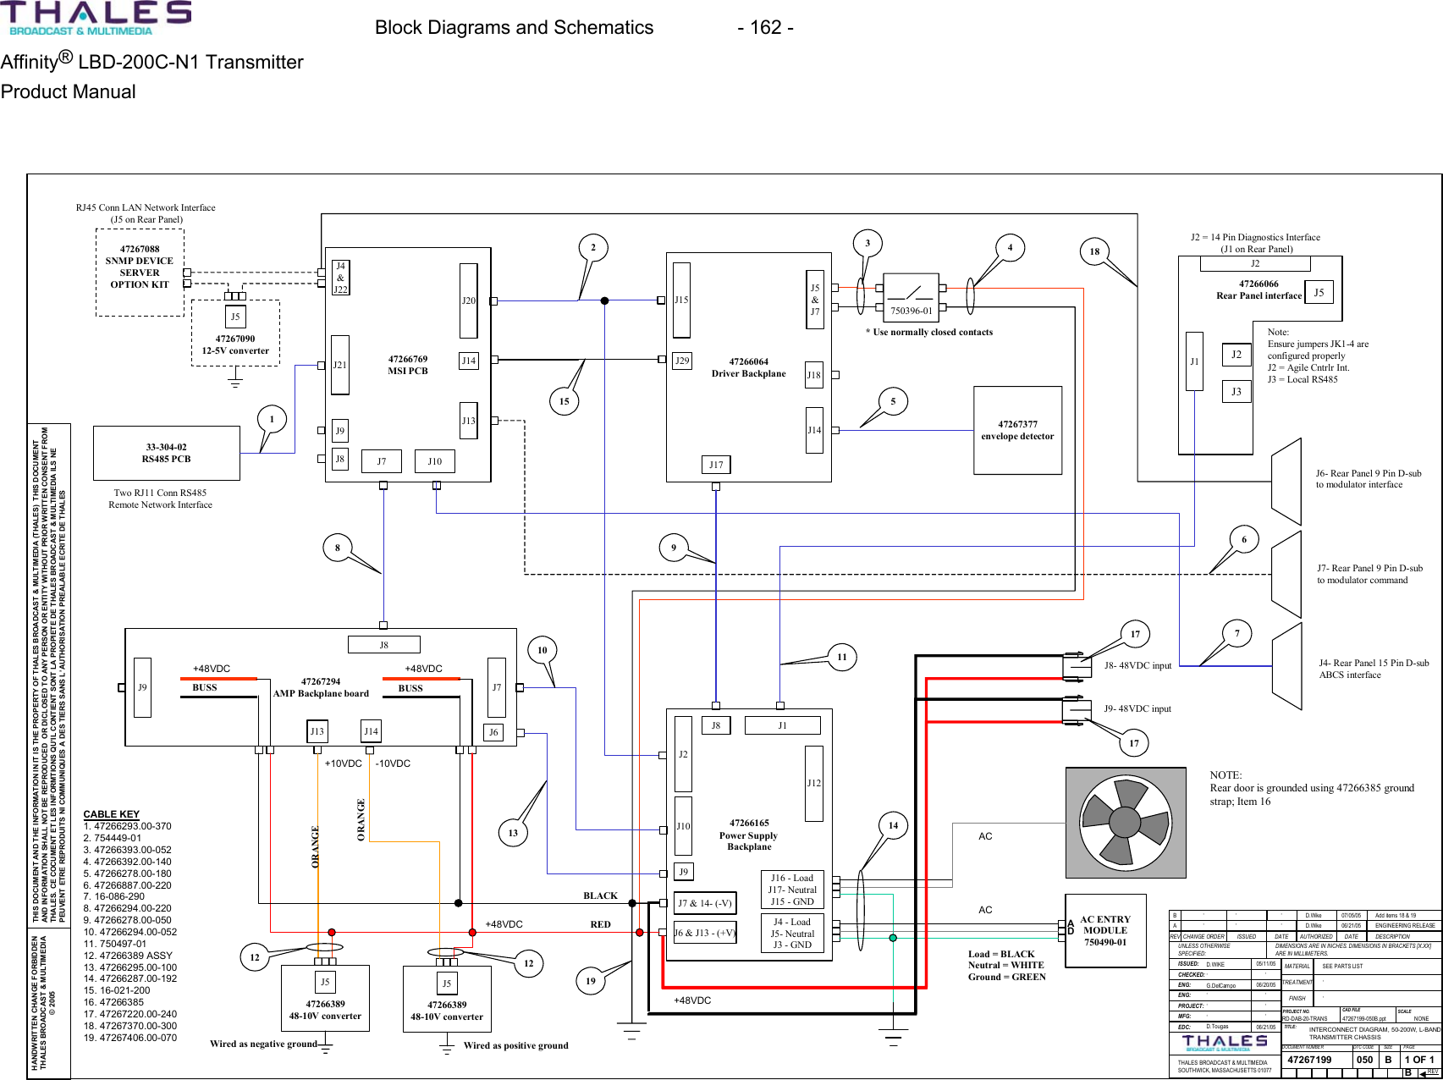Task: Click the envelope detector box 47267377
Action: point(1017,430)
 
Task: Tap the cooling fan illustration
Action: point(1125,822)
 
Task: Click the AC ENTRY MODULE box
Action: point(1105,930)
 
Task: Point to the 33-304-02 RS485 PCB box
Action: point(166,453)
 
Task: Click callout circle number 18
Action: point(1094,251)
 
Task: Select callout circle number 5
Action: point(893,401)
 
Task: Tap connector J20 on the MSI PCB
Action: point(468,300)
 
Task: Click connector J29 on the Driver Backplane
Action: point(682,361)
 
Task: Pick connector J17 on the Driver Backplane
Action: point(716,465)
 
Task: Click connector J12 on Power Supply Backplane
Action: point(813,783)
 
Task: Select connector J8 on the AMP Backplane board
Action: point(383,645)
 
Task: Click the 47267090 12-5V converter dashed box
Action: point(235,333)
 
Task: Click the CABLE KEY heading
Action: point(111,814)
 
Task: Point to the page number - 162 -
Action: point(764,28)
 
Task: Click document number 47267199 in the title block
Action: point(1308,1060)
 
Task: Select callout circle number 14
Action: point(893,825)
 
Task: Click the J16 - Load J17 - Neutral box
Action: point(792,890)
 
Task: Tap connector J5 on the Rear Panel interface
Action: point(1319,293)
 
